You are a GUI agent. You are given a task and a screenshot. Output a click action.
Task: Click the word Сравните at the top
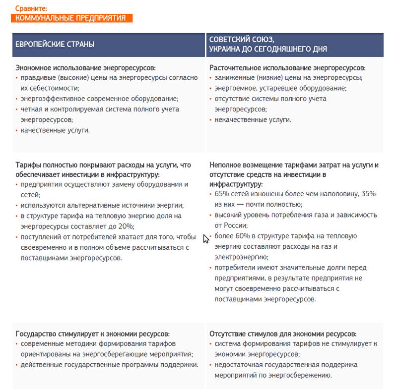31,9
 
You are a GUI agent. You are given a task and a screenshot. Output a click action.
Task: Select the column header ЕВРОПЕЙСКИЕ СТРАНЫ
55,44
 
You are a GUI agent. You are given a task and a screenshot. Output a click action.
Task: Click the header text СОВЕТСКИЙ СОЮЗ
242,39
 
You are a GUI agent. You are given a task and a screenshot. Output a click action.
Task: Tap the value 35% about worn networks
368,194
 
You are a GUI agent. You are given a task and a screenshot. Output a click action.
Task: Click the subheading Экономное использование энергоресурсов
86,68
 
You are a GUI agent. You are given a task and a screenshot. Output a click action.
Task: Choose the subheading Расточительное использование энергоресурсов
287,68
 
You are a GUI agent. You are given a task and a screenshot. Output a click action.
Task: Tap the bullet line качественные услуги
55,130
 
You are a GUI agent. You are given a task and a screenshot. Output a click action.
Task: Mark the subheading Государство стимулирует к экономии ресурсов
93,334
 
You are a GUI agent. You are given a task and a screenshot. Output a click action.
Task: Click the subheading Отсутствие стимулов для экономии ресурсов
283,334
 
